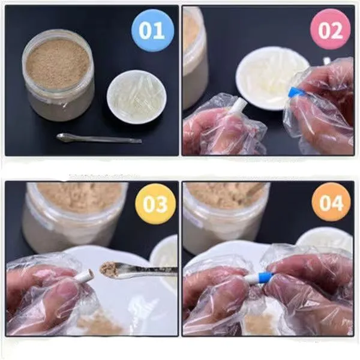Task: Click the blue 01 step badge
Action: click(152, 30)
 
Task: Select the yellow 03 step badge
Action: click(155, 204)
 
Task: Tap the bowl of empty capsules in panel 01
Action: click(136, 96)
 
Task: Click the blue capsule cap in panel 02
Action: click(295, 92)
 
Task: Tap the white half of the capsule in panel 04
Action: click(250, 279)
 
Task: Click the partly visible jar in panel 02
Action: click(194, 54)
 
